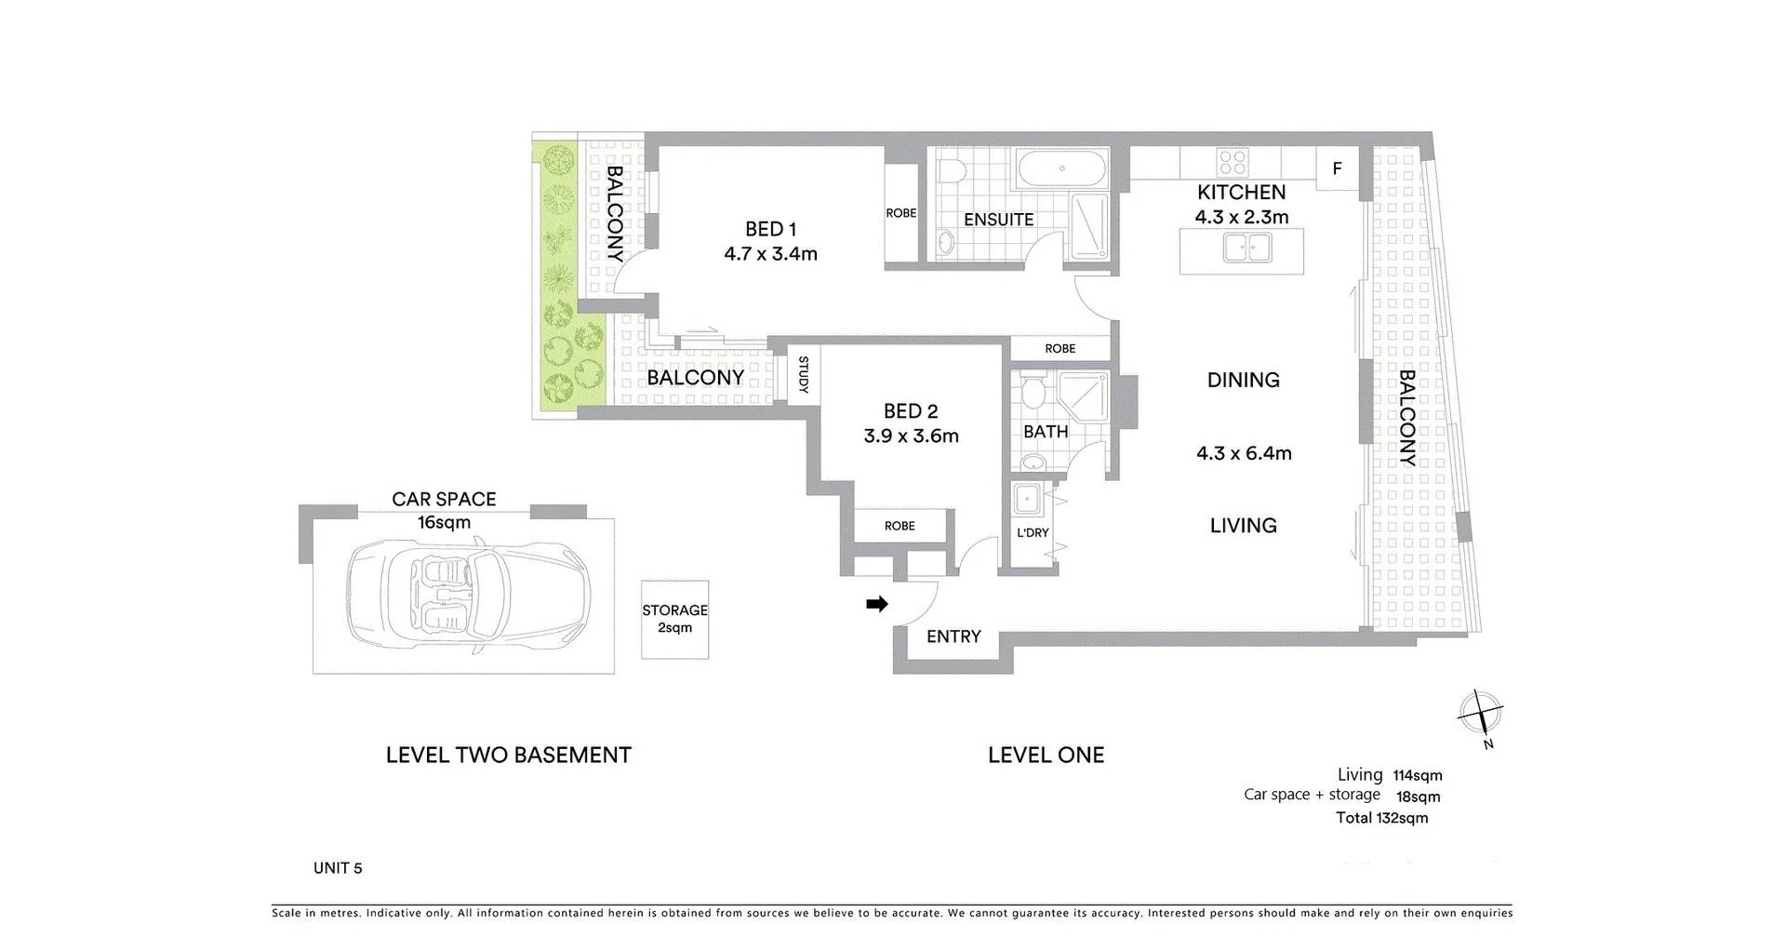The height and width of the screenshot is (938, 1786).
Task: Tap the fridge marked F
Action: pos(1337,169)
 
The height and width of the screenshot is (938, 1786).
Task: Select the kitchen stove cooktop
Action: pos(1233,163)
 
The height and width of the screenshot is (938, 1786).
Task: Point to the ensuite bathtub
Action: pos(1062,169)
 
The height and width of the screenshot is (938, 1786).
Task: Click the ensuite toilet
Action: pos(950,171)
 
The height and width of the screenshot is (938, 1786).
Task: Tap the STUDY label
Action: pos(803,375)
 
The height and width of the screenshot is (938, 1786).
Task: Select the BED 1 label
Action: pos(770,229)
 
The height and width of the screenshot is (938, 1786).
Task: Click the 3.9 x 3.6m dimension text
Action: pos(911,435)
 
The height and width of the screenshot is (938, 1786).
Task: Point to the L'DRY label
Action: pos(1033,533)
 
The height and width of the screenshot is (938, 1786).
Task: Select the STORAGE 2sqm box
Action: pos(674,619)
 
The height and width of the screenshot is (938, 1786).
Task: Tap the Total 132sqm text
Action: pos(1381,818)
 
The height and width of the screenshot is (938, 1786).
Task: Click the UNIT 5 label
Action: pos(338,868)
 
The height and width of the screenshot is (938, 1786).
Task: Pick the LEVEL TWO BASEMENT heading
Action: pos(508,755)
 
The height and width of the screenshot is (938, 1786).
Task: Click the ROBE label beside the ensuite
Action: pos(900,213)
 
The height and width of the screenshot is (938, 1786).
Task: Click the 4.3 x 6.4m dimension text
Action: pos(1244,453)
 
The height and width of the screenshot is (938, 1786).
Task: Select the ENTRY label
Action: pos(953,636)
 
